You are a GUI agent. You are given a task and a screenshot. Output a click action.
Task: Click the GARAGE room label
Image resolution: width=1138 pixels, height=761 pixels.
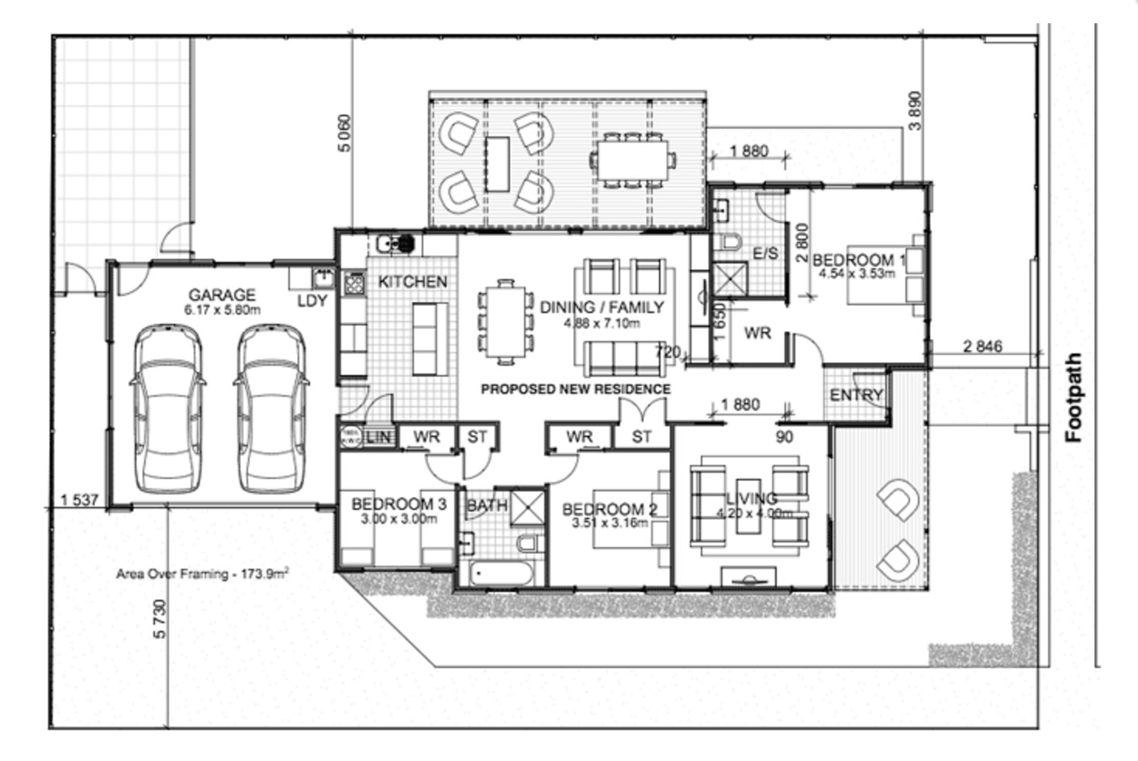222,295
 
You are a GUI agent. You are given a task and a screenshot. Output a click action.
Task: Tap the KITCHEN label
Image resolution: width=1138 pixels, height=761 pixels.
412,282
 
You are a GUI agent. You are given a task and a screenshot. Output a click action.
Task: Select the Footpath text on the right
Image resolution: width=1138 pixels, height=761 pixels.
1074,398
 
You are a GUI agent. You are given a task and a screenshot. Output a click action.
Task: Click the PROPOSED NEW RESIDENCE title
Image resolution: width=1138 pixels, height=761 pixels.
575,389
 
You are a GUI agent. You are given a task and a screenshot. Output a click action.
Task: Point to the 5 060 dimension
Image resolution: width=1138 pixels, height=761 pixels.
344,133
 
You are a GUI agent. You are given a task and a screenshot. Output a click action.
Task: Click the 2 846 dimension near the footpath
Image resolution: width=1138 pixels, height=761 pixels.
982,346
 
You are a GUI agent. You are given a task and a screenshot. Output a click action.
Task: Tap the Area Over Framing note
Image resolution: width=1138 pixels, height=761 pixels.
202,574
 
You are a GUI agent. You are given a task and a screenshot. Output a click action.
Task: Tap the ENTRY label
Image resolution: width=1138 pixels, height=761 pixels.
856,395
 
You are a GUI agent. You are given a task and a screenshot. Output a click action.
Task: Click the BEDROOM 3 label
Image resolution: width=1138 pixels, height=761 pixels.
398,504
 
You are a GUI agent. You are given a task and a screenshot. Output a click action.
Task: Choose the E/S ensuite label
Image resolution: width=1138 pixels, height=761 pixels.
765,253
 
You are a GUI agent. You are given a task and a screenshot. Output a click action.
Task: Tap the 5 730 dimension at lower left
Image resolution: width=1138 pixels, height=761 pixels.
160,619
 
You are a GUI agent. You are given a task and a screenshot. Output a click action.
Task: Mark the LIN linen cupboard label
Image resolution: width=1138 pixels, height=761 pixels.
378,437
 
